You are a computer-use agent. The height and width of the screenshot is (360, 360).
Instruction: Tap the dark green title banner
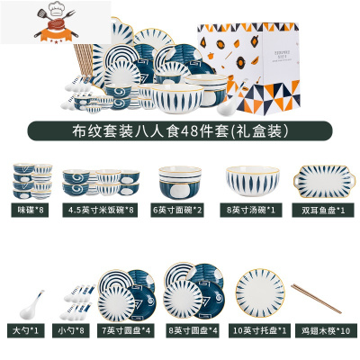click(x=180, y=129)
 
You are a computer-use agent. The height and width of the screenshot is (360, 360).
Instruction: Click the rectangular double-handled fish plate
click(x=319, y=184)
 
